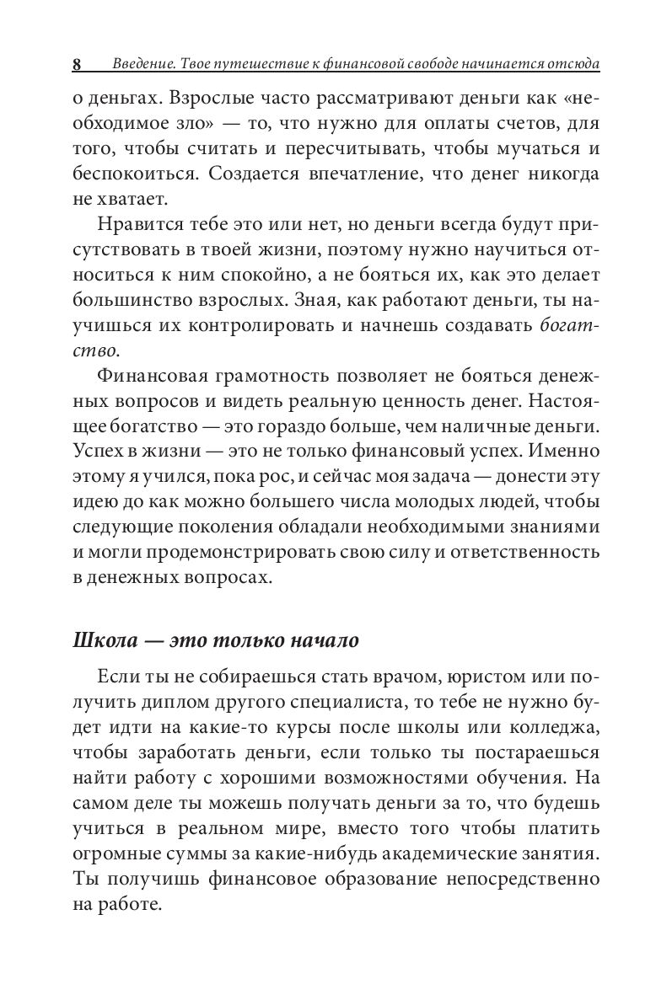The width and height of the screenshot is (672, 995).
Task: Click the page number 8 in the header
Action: click(77, 65)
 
